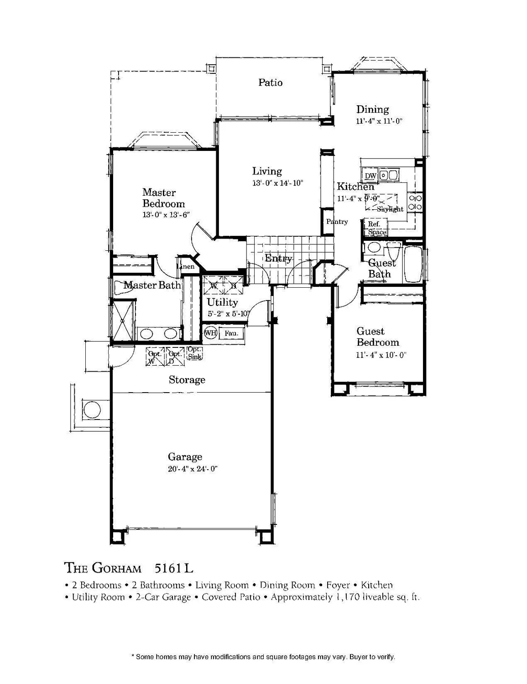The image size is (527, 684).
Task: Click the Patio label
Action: coord(270,83)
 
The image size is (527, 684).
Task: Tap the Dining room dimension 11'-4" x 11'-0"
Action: coord(379,122)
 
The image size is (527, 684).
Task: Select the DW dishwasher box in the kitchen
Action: coord(370,176)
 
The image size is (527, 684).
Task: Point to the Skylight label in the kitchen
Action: coord(390,209)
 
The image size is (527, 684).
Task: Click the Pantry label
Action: coord(337,222)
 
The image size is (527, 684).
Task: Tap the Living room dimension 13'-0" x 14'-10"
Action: coord(278,183)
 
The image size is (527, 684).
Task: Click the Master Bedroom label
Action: coord(163,198)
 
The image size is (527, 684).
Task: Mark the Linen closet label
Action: coord(187,266)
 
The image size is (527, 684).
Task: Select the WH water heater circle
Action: coord(210,333)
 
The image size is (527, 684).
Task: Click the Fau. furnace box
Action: coord(231,334)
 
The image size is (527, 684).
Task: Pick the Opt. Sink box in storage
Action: coord(195,353)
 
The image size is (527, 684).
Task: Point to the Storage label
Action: coord(187,379)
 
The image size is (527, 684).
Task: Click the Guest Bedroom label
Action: coord(377,337)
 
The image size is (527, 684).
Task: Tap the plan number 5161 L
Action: coord(174,568)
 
